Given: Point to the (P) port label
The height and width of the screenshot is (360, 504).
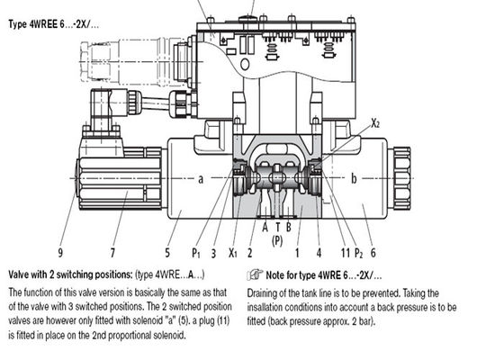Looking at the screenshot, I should coord(277,240).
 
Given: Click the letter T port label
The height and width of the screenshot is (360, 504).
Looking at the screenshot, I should coord(277,228).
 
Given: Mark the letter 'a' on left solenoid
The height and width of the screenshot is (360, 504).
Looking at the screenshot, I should coord(201,179).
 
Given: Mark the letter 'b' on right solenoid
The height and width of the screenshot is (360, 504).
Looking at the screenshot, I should coord(354,179).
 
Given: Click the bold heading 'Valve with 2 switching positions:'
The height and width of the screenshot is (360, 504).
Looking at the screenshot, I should coord(69,274).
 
